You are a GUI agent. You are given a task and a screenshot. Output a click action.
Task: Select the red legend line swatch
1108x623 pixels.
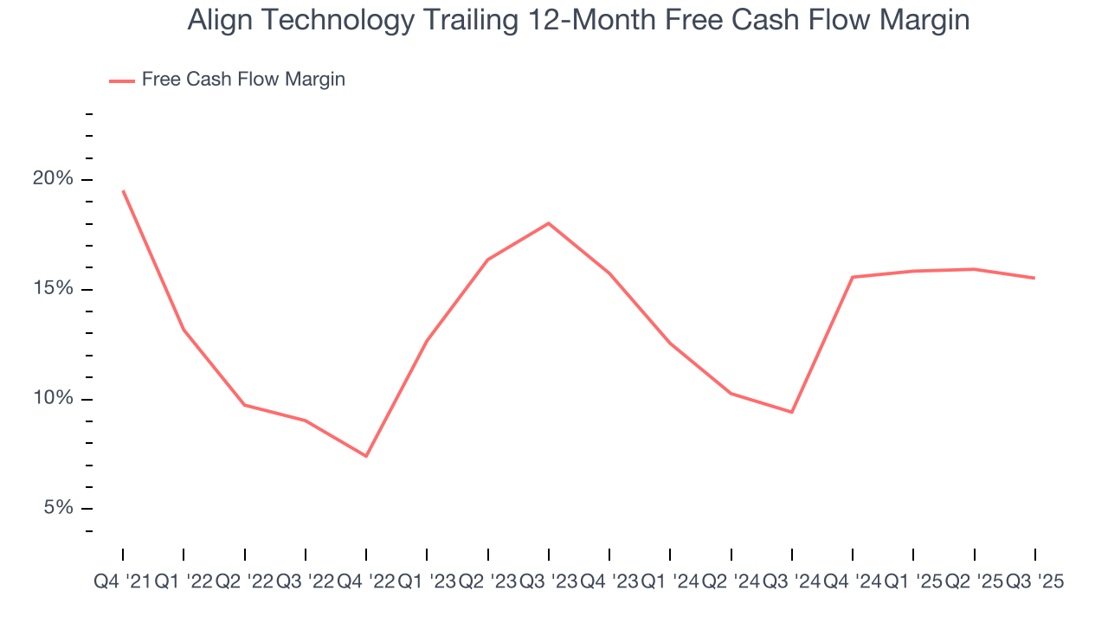tap(121, 80)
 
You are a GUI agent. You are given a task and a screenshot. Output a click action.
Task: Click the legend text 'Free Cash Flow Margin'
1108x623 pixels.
tap(243, 80)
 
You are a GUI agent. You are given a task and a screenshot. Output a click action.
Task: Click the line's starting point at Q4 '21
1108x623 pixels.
tap(123, 190)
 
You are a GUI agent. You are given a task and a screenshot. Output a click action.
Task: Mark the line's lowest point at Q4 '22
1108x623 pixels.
tap(366, 456)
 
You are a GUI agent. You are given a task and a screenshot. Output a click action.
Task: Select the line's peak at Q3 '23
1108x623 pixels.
tap(549, 223)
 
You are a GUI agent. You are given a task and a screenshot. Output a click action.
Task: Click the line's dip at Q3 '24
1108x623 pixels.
tap(792, 412)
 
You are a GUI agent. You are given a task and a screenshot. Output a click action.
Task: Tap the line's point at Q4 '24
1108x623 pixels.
tap(853, 277)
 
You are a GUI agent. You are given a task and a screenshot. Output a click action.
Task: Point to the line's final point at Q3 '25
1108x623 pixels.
tap(1034, 278)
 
